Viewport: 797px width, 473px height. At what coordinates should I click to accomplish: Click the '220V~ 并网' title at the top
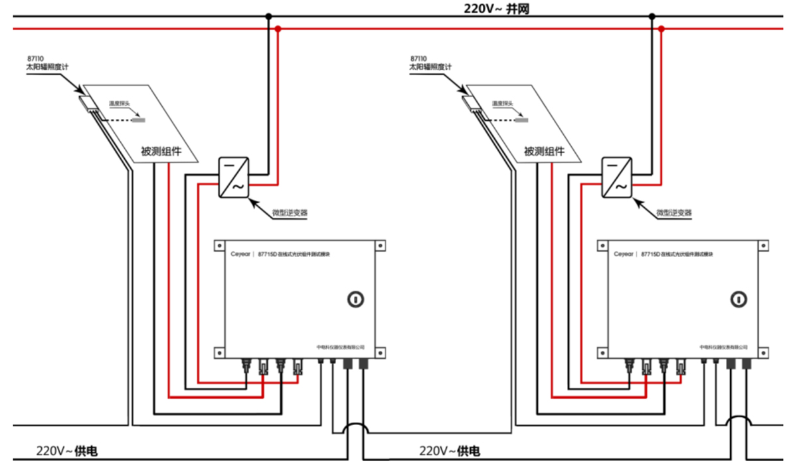click(497, 9)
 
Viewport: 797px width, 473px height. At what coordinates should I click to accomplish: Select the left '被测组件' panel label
click(161, 151)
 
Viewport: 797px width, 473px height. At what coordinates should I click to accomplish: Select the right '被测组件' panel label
click(544, 151)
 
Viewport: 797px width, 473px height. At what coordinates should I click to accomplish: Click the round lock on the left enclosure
click(357, 299)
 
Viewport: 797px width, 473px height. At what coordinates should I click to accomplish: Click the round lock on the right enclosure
click(739, 299)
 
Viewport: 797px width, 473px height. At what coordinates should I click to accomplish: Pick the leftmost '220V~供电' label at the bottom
click(67, 452)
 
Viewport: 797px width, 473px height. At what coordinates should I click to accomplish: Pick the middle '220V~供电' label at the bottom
click(450, 452)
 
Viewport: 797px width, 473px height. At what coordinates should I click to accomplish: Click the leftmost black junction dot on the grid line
click(268, 16)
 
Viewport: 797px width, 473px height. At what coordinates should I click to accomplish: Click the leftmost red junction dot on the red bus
click(278, 29)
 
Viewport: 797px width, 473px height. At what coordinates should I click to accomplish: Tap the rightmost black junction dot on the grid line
click(652, 16)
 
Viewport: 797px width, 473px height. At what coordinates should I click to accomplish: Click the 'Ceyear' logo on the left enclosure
click(241, 254)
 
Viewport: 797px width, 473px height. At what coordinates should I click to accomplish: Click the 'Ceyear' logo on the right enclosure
click(624, 254)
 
